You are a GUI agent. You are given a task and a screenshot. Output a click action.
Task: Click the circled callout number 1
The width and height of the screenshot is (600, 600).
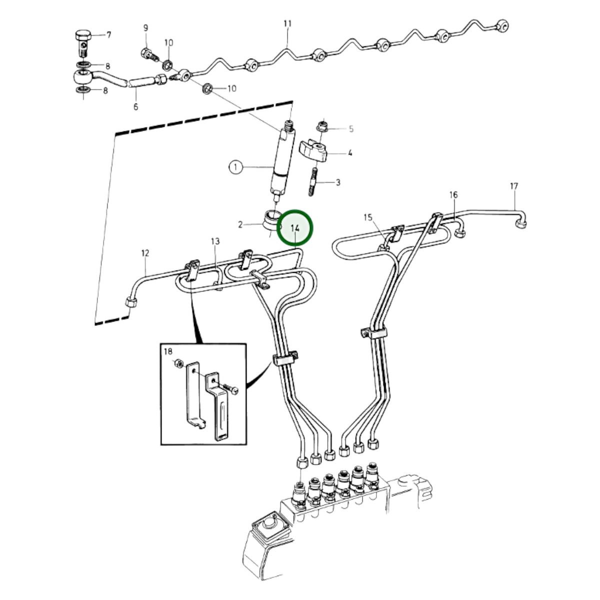point(235,167)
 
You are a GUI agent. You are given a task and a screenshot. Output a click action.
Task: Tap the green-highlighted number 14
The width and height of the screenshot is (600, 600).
point(294,228)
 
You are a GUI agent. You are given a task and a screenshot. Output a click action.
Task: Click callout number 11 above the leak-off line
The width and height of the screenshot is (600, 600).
point(287,23)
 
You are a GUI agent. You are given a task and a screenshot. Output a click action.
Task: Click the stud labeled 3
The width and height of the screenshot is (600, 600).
point(313,181)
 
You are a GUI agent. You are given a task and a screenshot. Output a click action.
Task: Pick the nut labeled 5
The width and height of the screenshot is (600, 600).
point(322,126)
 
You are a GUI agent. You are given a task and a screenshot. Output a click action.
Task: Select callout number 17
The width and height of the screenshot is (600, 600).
point(514,186)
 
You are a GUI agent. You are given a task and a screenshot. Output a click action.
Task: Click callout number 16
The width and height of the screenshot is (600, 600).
point(453,195)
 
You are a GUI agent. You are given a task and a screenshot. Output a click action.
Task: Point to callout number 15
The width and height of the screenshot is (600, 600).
point(367,217)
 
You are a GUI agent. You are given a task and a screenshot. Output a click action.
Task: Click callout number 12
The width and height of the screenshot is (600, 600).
point(145,253)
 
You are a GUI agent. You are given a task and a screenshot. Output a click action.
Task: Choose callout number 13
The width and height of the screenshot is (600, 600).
point(215,241)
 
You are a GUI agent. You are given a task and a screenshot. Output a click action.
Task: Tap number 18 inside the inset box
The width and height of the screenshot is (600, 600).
point(168,351)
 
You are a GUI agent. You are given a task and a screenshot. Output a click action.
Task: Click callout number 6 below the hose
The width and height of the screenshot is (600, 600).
point(136,107)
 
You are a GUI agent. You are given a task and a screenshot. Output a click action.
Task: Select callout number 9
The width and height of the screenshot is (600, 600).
point(145,28)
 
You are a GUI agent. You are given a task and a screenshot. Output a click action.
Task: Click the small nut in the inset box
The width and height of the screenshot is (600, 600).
point(178,362)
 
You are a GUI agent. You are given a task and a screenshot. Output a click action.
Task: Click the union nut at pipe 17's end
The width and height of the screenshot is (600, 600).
point(521,223)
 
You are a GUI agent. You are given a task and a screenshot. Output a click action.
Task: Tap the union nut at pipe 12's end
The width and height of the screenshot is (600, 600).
point(131,302)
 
